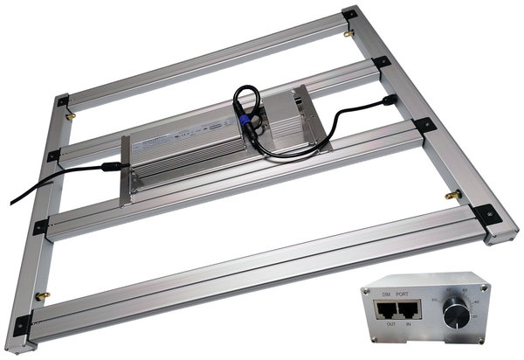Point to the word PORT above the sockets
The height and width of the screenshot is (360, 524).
[x=406, y=294]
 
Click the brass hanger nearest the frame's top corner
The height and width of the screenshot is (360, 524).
[x=348, y=34]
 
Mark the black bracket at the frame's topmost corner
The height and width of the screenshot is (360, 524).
[x=349, y=15]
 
